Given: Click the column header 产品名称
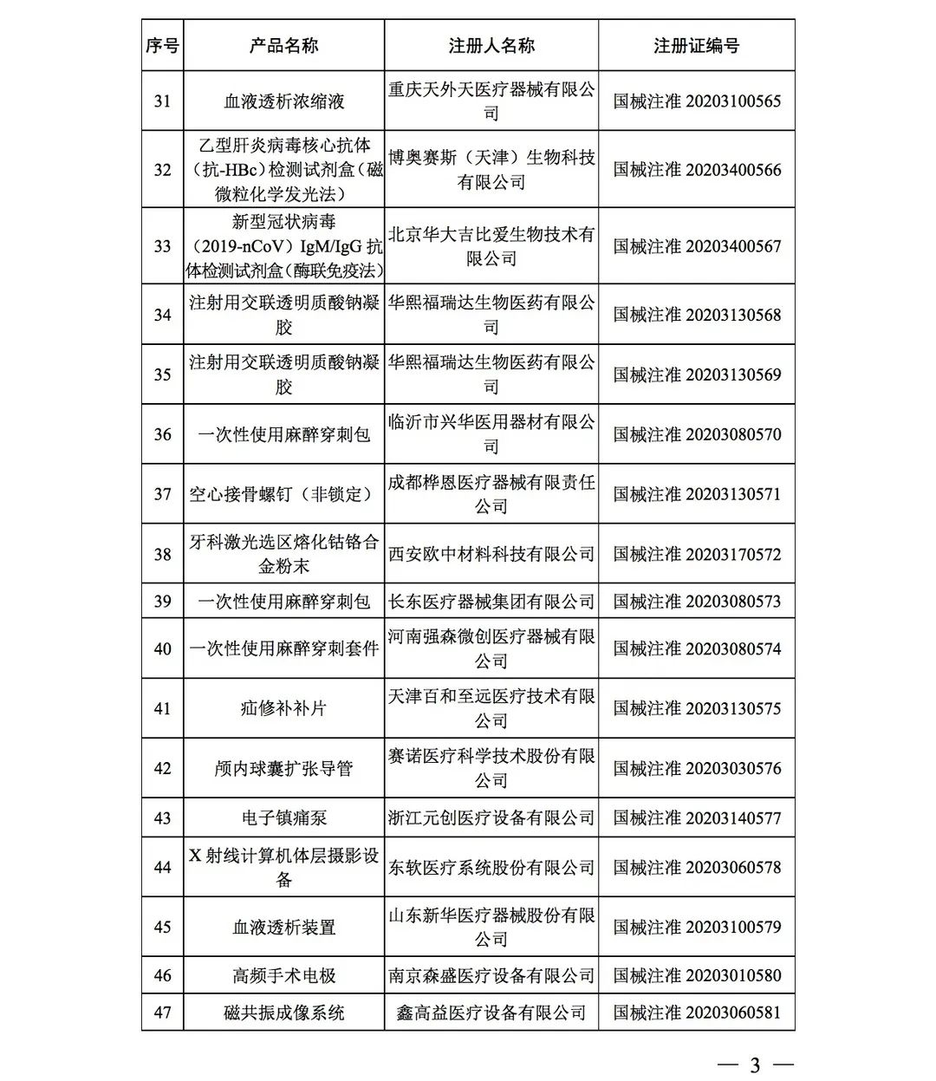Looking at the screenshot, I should (x=283, y=46).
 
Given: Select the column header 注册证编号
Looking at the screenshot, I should (x=696, y=46).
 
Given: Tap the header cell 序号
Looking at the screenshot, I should (x=162, y=46).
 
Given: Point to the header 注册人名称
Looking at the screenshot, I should (x=491, y=46).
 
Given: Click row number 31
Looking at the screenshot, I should (x=162, y=101).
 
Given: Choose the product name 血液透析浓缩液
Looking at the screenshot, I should (x=283, y=101).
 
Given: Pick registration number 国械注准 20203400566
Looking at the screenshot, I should (x=697, y=170).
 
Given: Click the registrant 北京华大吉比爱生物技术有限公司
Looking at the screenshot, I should (x=491, y=246).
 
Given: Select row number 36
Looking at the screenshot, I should (x=162, y=434).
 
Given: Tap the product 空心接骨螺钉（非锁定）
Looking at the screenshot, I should (x=283, y=494).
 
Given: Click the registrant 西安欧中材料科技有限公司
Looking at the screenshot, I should (x=491, y=554).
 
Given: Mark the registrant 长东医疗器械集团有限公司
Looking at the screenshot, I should (x=491, y=602).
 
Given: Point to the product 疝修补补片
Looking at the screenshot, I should (x=283, y=708).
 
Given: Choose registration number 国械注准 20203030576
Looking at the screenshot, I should (x=697, y=768).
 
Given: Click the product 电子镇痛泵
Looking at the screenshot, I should (x=283, y=817).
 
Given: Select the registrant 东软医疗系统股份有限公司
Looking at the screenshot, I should (x=491, y=867).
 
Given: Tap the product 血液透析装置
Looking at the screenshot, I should (x=283, y=927).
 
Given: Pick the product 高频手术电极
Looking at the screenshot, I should (x=283, y=975).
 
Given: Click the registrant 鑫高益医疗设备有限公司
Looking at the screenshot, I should (x=491, y=1013).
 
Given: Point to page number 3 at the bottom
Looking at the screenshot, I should (x=754, y=1065).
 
